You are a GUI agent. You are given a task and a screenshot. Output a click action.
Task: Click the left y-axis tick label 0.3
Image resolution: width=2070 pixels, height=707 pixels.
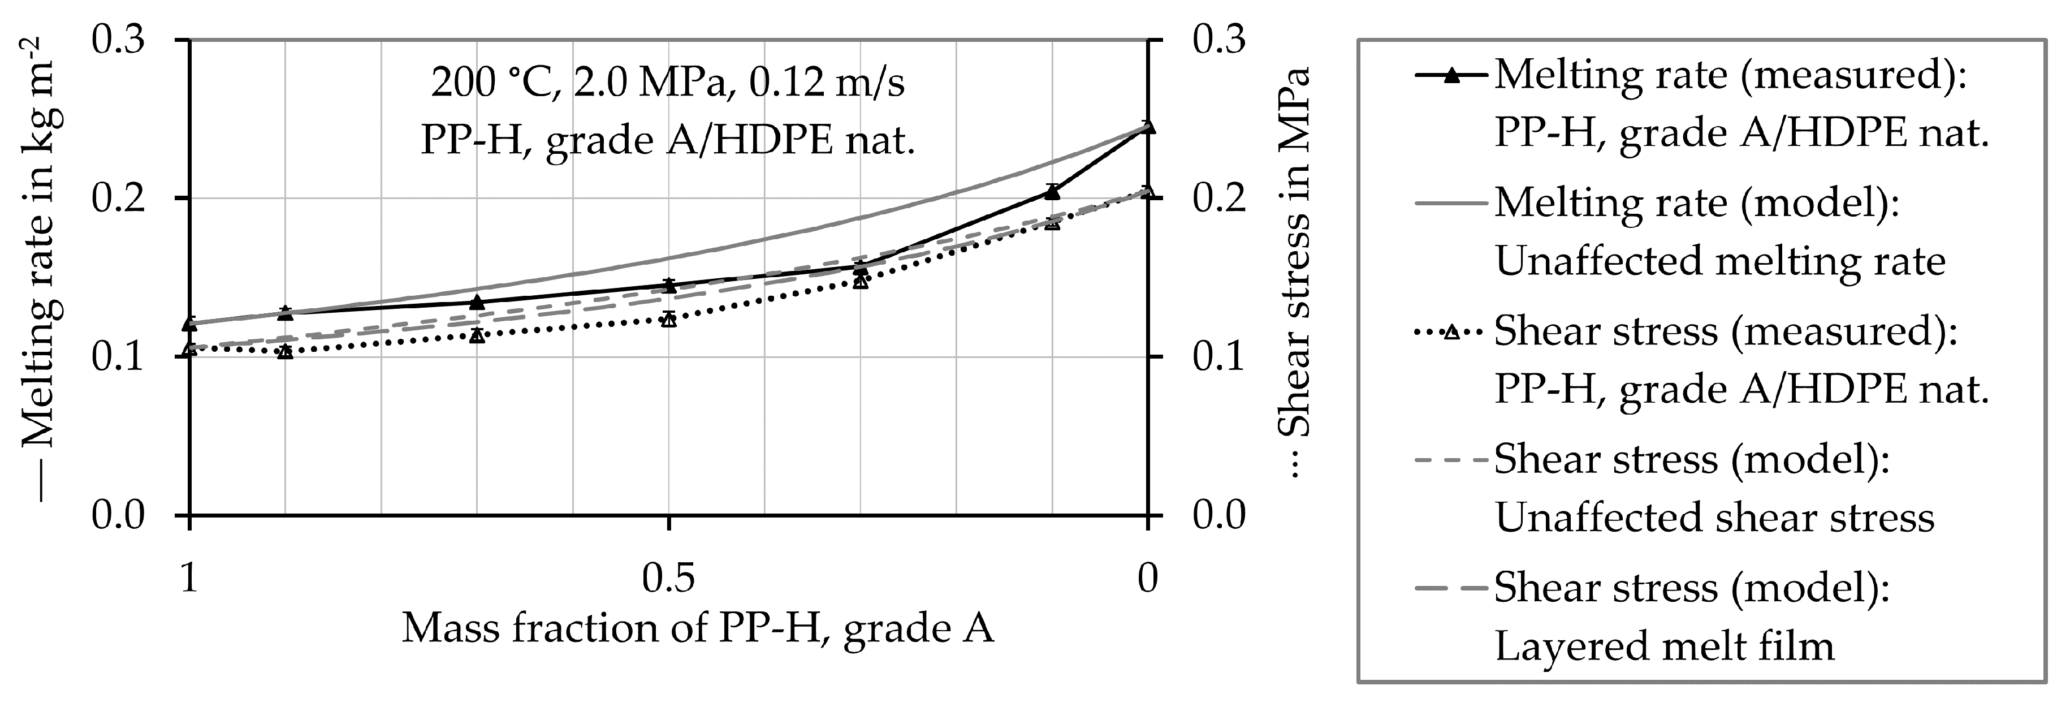tap(118, 40)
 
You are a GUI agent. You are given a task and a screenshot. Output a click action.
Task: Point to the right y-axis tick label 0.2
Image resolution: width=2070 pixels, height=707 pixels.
tap(1218, 199)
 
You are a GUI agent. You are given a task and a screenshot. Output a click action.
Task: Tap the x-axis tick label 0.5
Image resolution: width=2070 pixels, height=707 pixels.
tap(668, 577)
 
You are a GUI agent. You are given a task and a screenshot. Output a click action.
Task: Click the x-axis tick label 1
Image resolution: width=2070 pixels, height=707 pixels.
tap(189, 577)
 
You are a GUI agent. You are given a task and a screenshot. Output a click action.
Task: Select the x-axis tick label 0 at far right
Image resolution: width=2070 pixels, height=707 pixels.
tap(1148, 577)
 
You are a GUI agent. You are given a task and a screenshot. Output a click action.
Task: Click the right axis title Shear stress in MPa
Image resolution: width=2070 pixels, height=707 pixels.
tap(1293, 273)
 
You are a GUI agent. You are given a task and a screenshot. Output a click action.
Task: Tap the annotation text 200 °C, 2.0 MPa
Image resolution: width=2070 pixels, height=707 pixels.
tap(668, 83)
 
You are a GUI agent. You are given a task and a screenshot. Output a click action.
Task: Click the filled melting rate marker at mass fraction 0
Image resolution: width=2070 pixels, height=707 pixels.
tap(1148, 127)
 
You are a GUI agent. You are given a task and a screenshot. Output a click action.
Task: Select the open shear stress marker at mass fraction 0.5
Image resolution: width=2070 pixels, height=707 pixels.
tap(668, 320)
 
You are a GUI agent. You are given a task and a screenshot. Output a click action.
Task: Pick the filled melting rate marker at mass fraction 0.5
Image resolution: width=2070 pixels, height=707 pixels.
tap(668, 285)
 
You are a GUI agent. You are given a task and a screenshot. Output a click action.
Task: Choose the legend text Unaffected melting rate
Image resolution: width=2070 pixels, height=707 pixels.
tap(1719, 262)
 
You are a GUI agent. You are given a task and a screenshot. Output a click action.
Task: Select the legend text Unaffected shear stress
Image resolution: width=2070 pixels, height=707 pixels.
tap(1714, 518)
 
